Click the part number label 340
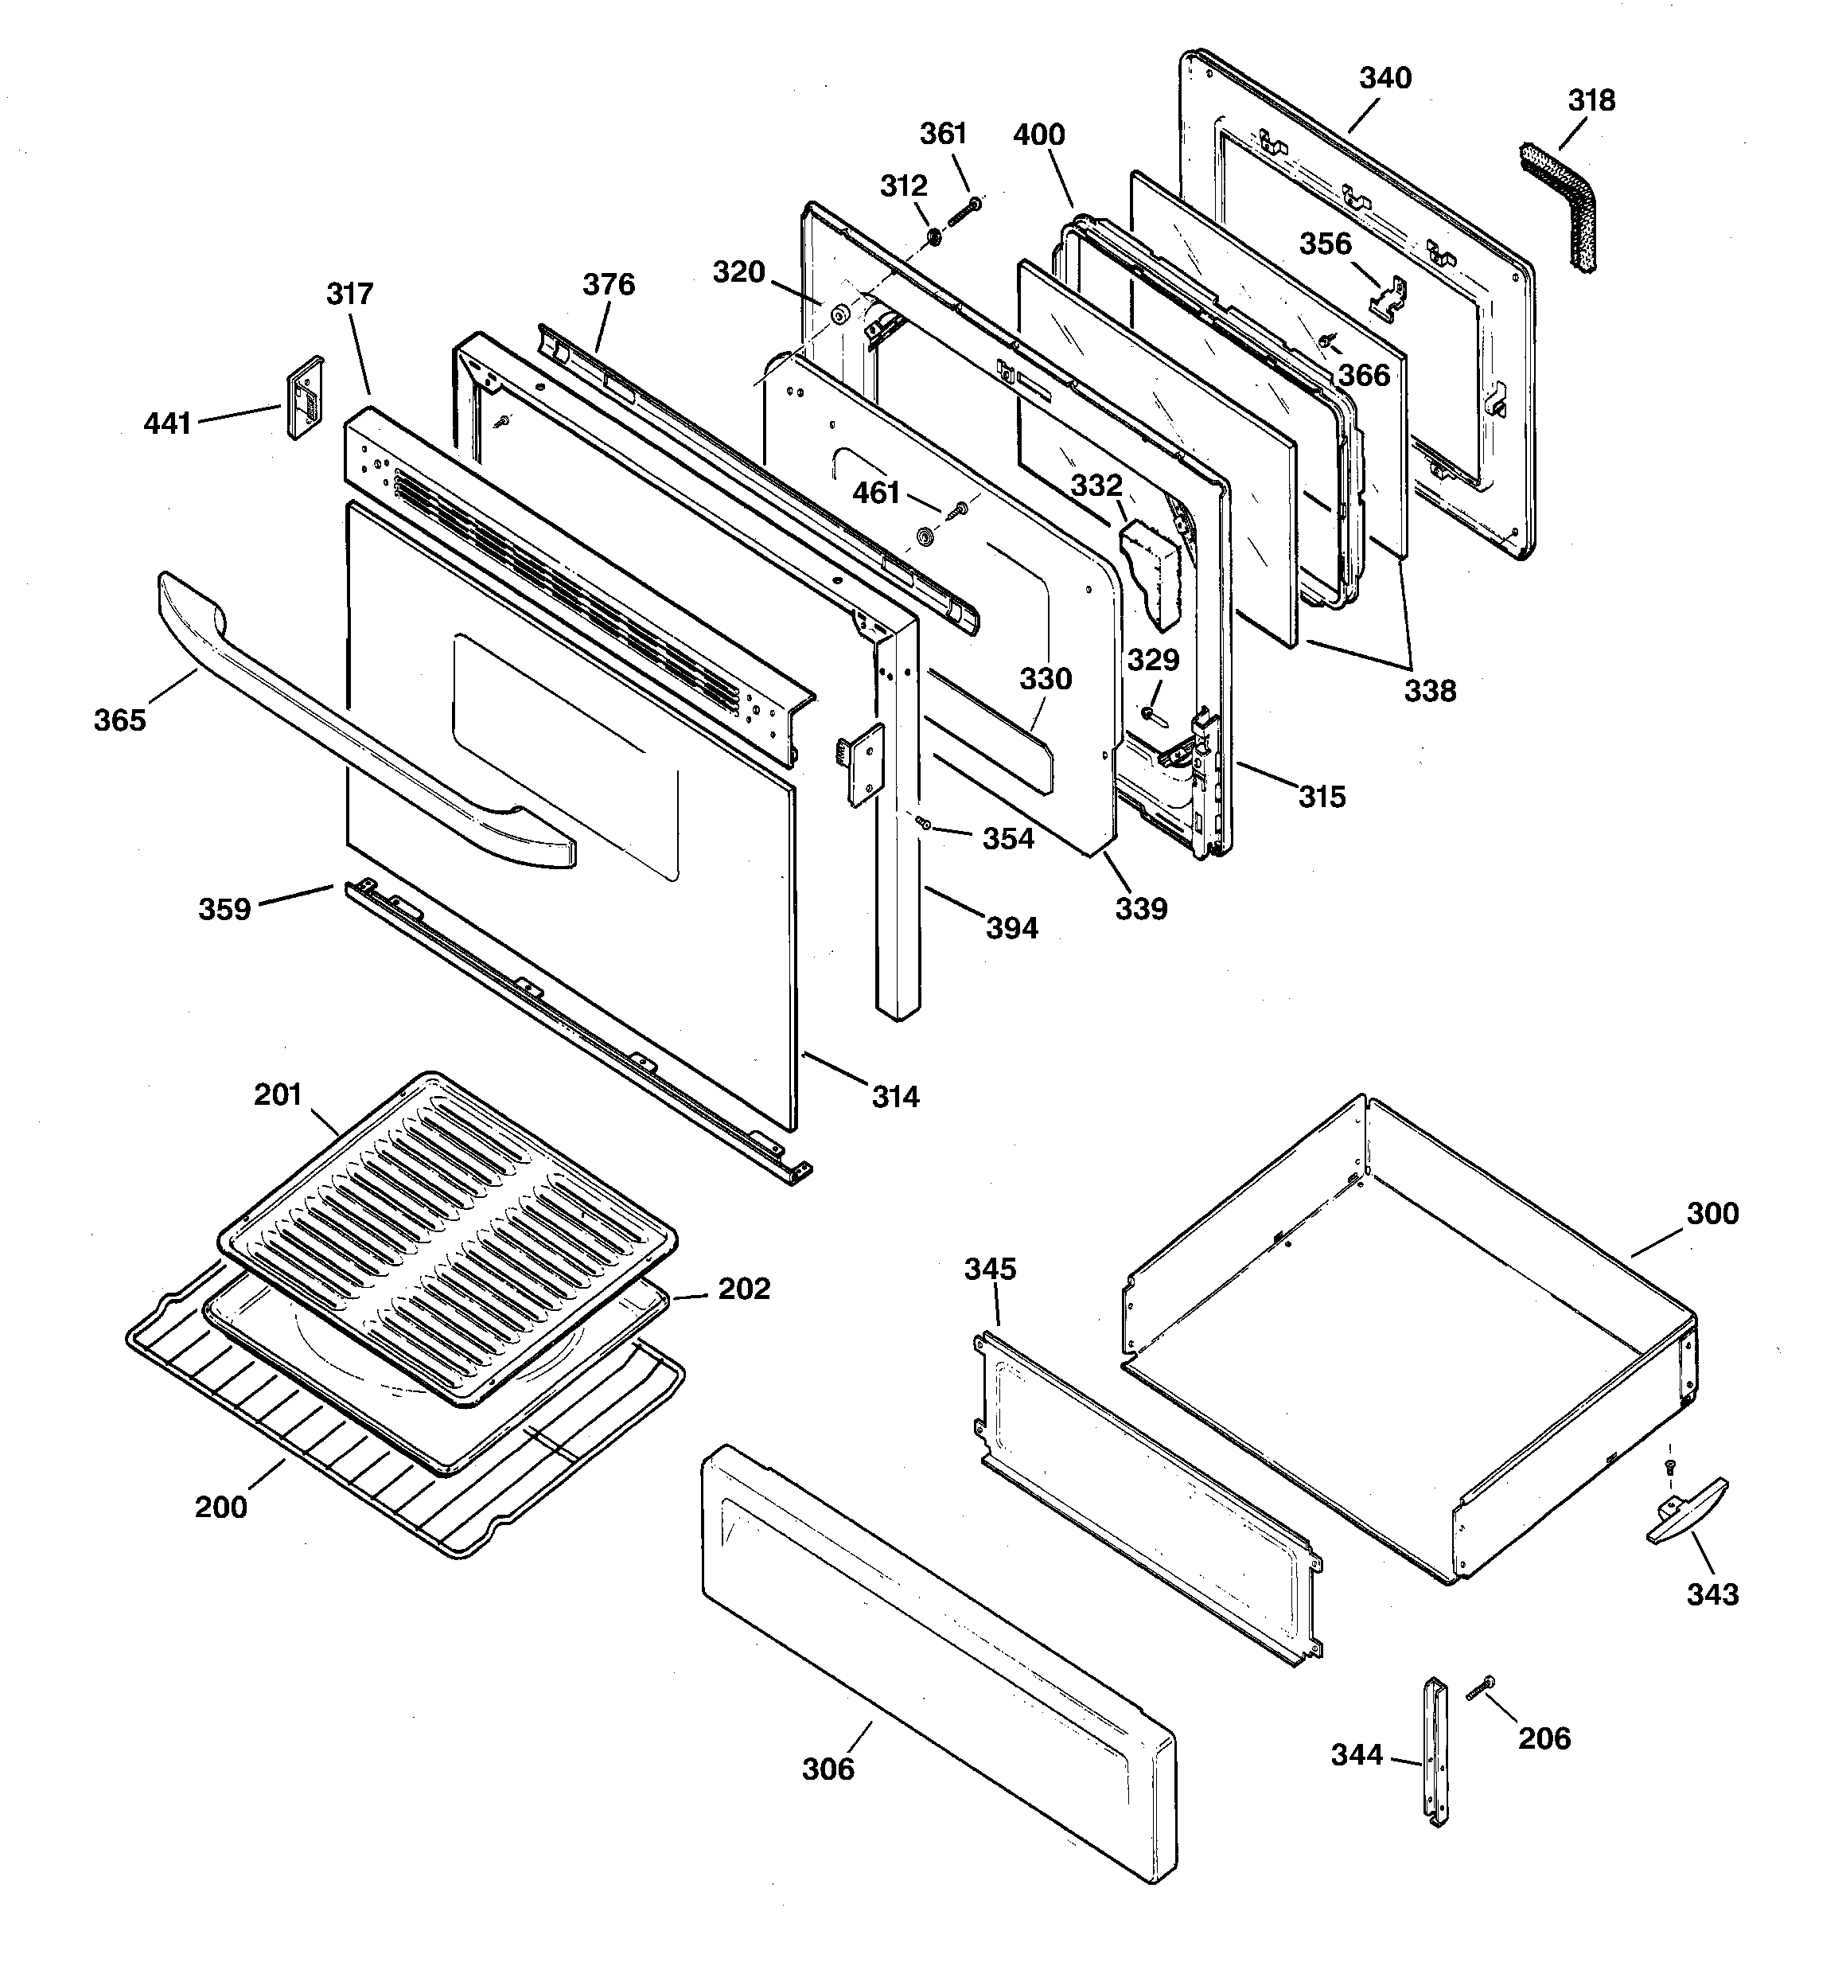pos(1384,78)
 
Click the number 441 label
pos(167,424)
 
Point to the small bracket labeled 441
pos(304,396)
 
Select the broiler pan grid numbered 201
pos(446,1234)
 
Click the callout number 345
pos(990,1269)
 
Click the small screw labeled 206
pos(1479,1688)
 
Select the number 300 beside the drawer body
pos(1712,1213)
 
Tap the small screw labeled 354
pos(921,821)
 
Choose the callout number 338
pos(1429,691)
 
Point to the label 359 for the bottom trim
pos(225,909)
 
